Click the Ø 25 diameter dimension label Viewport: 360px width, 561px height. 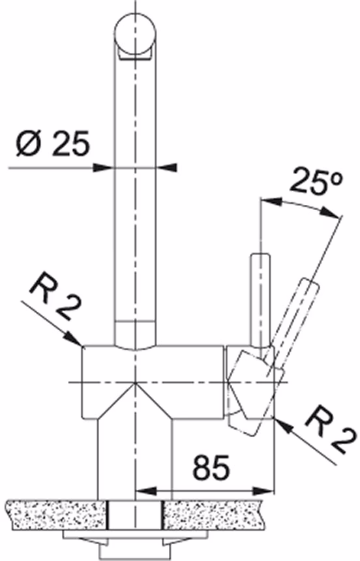(52, 144)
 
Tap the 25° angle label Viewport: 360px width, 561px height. (316, 183)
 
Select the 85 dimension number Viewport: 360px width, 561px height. (211, 468)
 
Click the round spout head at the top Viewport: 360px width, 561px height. (136, 34)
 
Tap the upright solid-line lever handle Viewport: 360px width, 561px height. (260, 300)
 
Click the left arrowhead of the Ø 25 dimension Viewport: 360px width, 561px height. (101, 167)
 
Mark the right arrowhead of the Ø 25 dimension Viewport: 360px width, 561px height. (168, 167)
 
